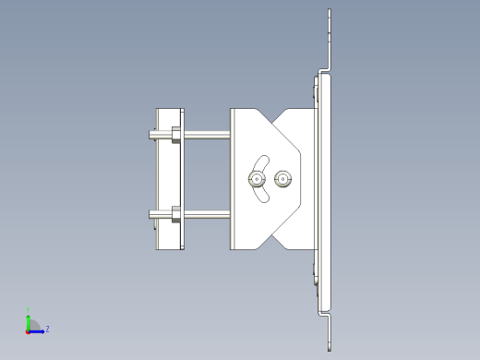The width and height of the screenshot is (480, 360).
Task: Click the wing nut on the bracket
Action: [x=258, y=178]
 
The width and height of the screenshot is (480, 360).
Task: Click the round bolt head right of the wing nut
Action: [x=282, y=178]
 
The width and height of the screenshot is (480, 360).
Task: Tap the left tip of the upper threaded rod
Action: [x=150, y=135]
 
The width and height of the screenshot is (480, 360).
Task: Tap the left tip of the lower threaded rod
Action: [x=150, y=216]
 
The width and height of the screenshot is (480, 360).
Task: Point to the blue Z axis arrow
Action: [x=38, y=330]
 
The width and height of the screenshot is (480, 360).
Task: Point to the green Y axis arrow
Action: [x=29, y=320]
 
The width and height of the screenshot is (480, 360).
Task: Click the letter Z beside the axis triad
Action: [x=47, y=329]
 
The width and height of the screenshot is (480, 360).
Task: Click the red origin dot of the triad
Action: [x=28, y=330]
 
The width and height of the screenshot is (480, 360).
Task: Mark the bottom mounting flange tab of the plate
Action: [x=329, y=332]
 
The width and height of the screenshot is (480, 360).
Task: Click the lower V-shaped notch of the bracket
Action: [x=275, y=242]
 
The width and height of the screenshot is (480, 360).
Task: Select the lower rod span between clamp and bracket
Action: [x=208, y=217]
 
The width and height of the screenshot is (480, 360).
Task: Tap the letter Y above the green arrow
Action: [x=29, y=310]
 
